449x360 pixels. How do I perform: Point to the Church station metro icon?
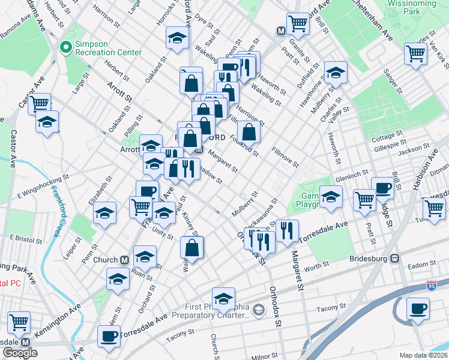(x=125, y=260)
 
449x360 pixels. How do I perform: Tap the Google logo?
(x=20, y=353)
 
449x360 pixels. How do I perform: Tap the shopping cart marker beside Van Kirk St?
(x=415, y=53)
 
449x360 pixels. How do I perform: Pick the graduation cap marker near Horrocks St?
(x=177, y=39)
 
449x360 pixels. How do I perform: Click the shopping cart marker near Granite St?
(x=297, y=24)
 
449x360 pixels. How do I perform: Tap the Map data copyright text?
(x=424, y=355)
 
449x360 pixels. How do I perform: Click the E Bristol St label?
(x=25, y=238)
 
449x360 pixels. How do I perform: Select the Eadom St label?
(x=420, y=264)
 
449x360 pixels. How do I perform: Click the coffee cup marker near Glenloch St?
(x=382, y=188)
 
